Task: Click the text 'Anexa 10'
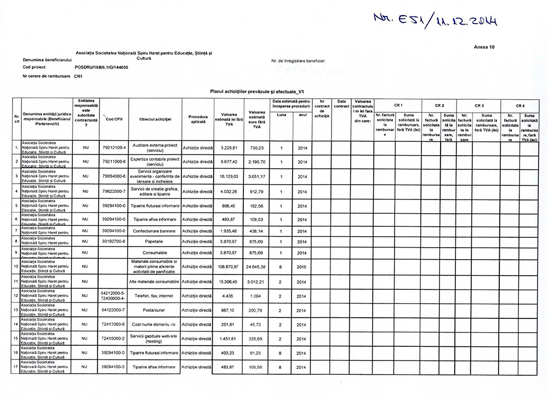coord(484,47)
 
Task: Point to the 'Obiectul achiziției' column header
coord(155,119)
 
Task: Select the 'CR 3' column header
coord(479,105)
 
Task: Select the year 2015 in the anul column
coord(302,266)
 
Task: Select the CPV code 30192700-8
coord(114,241)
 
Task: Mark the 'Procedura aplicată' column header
coord(198,118)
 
